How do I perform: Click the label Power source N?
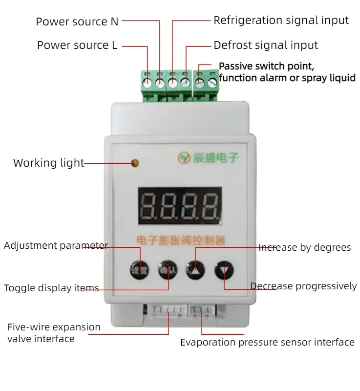77,22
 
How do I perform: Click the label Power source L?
77,45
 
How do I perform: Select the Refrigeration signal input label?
281,21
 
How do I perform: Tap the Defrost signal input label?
266,45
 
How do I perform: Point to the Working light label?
48,163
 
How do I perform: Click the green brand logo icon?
184,158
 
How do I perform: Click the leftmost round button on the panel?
138,269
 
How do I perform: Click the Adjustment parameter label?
56,245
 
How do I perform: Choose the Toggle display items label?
51,288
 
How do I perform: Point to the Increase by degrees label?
304,247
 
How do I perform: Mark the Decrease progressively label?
303,286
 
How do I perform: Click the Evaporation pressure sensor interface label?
267,342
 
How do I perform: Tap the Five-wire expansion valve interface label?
54,332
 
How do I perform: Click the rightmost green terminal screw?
212,84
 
